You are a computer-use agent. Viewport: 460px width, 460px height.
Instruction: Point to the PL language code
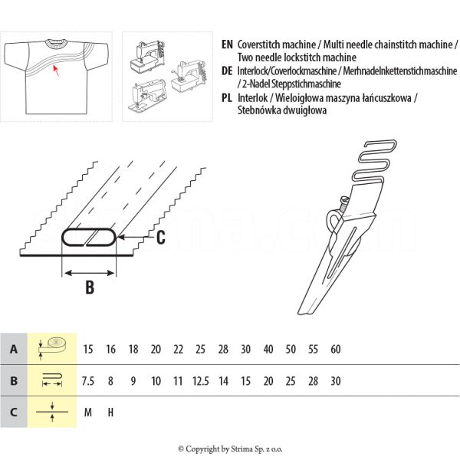[226, 97]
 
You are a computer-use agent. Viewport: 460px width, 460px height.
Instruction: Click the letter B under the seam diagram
[89, 288]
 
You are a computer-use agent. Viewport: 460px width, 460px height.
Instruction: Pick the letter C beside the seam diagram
[160, 238]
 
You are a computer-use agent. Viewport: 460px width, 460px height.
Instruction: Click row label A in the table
[14, 350]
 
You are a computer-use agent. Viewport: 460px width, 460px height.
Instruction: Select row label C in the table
[14, 412]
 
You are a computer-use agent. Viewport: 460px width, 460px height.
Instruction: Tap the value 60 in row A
[336, 350]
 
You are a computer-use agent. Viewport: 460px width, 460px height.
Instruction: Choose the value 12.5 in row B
[201, 381]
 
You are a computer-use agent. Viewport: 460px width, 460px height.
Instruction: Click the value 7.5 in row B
[88, 381]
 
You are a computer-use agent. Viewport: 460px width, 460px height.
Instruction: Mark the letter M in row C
[88, 412]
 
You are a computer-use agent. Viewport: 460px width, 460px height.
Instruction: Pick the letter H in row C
[110, 412]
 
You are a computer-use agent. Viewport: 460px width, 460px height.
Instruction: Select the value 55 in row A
[313, 350]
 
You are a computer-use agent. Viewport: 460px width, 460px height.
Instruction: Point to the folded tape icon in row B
[52, 380]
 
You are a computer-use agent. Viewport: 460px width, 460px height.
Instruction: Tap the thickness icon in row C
[52, 412]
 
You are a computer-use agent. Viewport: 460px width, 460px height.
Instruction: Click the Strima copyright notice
[230, 449]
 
